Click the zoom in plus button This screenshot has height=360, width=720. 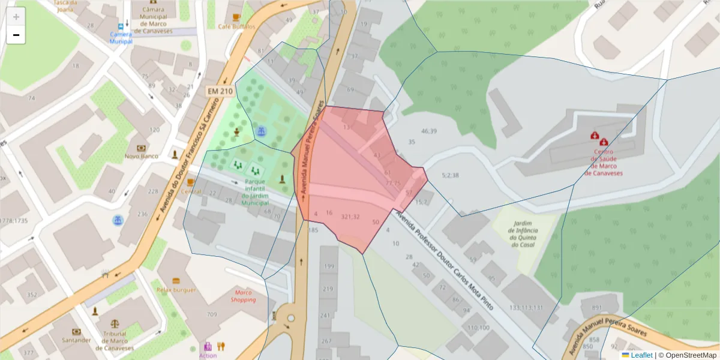pyautogui.click(x=16, y=17)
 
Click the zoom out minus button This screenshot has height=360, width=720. pyautogui.click(x=16, y=35)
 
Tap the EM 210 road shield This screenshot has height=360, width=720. pyautogui.click(x=220, y=91)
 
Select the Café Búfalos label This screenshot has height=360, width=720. pyautogui.click(x=236, y=26)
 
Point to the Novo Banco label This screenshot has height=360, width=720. pyautogui.click(x=140, y=157)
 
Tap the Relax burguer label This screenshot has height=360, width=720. pyautogui.click(x=176, y=290)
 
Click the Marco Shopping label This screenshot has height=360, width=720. pyautogui.click(x=244, y=296)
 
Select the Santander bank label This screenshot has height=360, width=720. pyautogui.click(x=76, y=340)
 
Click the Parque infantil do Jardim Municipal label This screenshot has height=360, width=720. pyautogui.click(x=256, y=192)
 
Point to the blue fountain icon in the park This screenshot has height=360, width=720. pyautogui.click(x=261, y=131)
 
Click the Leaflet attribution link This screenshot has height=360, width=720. pyautogui.click(x=641, y=355)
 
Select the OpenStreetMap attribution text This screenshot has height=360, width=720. pyautogui.click(x=688, y=355)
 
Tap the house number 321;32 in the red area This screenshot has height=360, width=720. pyautogui.click(x=350, y=217)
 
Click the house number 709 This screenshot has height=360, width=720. pyautogui.click(x=212, y=314)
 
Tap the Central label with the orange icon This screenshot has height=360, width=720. pyautogui.click(x=191, y=192)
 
